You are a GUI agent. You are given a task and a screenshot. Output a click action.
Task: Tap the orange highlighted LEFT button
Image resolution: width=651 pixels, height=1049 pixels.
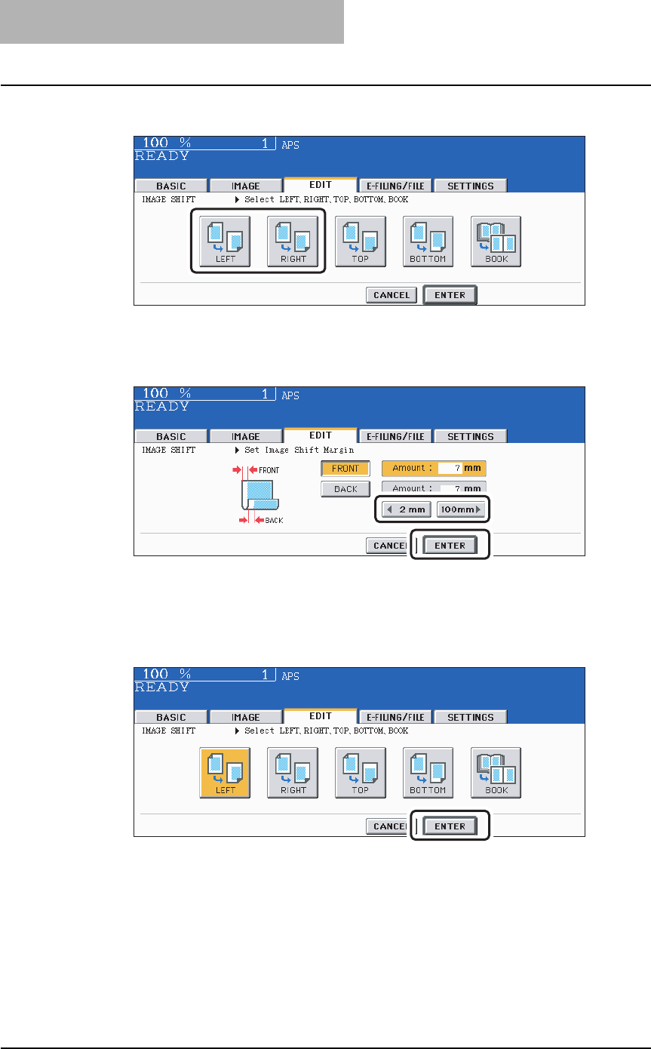pos(225,773)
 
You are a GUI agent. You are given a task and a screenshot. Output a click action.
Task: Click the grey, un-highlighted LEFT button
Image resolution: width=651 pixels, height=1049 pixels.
pos(225,241)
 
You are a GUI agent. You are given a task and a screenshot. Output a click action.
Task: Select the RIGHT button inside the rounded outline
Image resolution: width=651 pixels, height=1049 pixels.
pos(293,241)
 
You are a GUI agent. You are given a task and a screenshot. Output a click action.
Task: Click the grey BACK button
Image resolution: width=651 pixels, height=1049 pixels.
pos(345,489)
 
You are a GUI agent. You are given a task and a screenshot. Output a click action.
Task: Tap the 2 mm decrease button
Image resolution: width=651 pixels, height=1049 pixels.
pos(406,509)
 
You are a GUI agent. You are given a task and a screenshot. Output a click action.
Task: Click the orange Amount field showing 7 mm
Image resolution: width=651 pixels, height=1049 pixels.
pos(434,469)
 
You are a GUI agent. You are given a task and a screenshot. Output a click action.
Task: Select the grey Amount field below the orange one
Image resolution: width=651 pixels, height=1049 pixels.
pos(434,488)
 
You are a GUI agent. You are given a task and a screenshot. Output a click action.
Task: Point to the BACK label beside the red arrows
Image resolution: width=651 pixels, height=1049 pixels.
pos(274,521)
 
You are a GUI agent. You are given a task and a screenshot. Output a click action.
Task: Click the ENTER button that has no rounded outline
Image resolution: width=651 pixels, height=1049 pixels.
pos(450,295)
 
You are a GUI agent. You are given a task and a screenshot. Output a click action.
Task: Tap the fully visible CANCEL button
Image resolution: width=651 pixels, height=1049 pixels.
pos(392,295)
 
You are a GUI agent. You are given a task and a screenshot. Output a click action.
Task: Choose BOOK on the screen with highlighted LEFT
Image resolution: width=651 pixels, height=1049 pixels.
pos(496,773)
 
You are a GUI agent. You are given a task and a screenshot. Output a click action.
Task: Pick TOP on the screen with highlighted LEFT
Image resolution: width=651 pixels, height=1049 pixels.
pos(360,773)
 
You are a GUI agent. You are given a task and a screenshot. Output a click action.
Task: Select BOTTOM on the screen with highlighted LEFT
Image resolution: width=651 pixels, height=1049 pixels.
pos(428,773)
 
